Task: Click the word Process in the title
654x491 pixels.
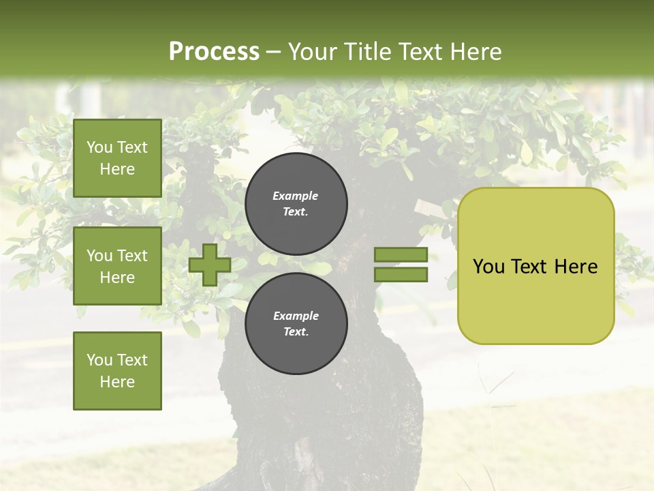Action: point(214,52)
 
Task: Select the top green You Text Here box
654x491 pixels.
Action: point(117,158)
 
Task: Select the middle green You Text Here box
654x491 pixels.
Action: point(117,266)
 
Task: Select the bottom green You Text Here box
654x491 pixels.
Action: point(117,371)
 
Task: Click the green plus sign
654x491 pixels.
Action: point(209,265)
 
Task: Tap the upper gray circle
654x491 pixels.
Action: point(296,203)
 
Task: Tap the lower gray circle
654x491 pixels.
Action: point(296,323)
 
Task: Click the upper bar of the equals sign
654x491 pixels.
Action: point(401,255)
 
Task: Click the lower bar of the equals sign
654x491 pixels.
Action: point(401,274)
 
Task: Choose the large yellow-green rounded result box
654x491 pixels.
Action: point(535,266)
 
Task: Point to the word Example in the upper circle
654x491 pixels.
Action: point(295,196)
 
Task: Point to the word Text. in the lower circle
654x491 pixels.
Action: point(296,331)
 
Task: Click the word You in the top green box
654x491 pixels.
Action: point(99,147)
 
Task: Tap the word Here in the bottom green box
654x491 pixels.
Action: point(117,382)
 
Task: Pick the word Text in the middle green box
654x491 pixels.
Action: point(131,256)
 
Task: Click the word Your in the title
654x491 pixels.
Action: point(313,52)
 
